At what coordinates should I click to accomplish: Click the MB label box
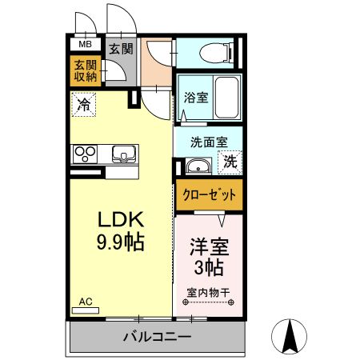[x=85, y=44]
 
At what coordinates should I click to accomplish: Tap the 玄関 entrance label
[x=110, y=48]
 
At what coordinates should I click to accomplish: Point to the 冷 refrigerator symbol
[x=84, y=102]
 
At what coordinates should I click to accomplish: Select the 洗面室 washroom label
[x=208, y=142]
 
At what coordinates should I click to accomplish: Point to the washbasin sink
[x=196, y=166]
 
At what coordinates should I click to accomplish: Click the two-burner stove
[x=86, y=153]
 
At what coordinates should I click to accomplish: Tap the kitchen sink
[x=124, y=153]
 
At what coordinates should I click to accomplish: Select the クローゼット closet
[x=209, y=194]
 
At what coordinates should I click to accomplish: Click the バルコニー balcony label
[x=157, y=337]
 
